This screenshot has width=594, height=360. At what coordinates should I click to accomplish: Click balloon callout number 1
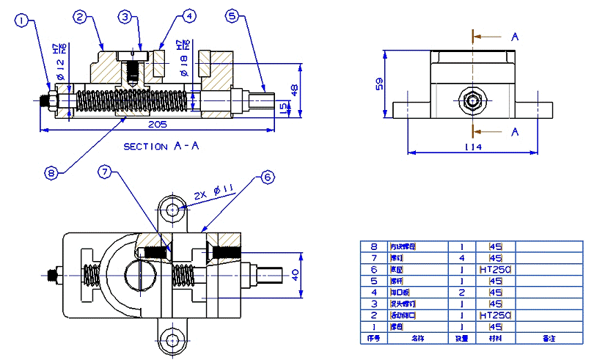click(25, 21)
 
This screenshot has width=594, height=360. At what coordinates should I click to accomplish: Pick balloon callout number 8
click(51, 173)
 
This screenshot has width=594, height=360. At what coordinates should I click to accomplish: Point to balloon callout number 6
click(267, 177)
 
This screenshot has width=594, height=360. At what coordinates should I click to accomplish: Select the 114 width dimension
click(473, 147)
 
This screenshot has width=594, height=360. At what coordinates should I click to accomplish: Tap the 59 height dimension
click(380, 84)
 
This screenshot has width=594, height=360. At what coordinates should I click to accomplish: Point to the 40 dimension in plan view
click(296, 275)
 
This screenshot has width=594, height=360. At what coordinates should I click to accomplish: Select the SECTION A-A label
click(161, 147)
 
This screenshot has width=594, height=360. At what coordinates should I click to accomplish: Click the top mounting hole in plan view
click(173, 210)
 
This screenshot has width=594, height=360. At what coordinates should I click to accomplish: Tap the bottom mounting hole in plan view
click(173, 339)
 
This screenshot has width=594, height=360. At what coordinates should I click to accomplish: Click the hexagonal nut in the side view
click(473, 100)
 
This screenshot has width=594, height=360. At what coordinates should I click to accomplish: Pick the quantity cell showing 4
click(461, 259)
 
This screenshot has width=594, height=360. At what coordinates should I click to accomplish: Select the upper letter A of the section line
click(515, 35)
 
